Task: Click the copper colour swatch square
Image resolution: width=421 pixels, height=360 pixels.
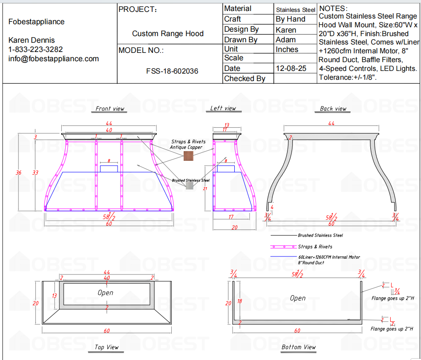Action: coord(188,157)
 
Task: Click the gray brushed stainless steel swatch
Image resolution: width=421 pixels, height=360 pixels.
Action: coord(189,186)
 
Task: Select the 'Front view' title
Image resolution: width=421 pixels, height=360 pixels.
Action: coord(110,109)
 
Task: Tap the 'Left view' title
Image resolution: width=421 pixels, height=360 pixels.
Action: coord(223,108)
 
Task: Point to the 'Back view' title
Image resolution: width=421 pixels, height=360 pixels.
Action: coord(333,109)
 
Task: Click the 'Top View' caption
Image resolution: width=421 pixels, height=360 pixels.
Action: coord(107,347)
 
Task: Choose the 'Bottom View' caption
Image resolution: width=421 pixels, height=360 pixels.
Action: coord(299,347)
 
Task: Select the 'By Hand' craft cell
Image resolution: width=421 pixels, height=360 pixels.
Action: coord(290,19)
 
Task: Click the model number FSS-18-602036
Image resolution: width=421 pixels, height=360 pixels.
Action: coord(172,71)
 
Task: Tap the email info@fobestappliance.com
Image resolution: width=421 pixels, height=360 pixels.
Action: coord(54,59)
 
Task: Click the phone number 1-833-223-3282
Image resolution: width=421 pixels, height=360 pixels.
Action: coord(36,49)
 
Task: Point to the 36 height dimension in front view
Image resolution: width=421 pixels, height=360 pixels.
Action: coord(18,173)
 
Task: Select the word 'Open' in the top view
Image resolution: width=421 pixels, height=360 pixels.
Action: coord(106,293)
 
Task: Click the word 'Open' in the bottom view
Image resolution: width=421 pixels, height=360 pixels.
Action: coord(298,298)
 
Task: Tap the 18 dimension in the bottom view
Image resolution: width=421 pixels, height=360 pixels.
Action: coord(239,301)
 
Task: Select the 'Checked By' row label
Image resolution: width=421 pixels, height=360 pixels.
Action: coord(244,78)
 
